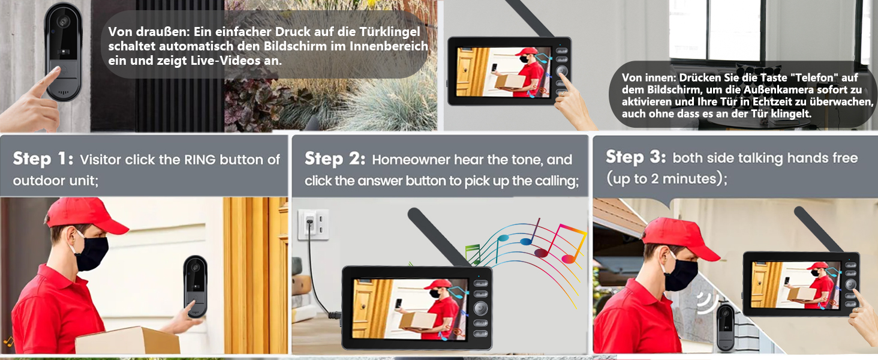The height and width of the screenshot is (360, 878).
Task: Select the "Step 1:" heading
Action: point(43,159)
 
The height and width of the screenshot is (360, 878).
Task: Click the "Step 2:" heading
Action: point(335,159)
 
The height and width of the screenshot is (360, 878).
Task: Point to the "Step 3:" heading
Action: point(636,157)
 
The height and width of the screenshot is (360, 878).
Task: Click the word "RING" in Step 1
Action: point(200,160)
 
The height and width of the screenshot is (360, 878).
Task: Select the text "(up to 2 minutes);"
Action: point(667,178)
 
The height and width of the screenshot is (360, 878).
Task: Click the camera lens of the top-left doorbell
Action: point(63,21)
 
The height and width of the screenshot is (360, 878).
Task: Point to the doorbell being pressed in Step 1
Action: point(196,287)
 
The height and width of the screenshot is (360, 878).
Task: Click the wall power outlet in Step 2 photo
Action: point(314,224)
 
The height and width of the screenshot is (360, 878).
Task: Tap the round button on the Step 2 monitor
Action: point(480,308)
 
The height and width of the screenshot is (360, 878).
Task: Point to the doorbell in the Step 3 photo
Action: point(726,328)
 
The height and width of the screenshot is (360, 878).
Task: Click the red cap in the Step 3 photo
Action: point(680,239)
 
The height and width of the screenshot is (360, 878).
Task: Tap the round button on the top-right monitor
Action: point(562,71)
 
